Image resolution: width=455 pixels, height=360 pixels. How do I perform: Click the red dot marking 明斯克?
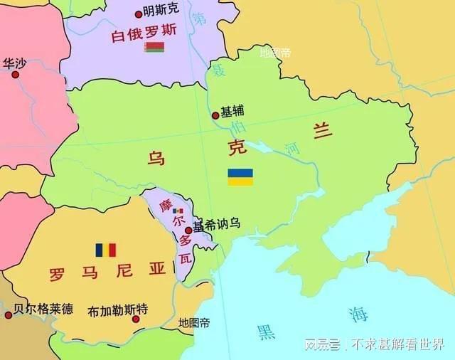coord(138,14)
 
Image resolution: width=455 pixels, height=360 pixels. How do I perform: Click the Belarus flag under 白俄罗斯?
coord(154,48)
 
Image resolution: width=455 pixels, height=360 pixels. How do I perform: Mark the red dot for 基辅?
coord(215,115)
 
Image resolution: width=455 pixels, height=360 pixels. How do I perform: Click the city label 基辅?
coord(232,112)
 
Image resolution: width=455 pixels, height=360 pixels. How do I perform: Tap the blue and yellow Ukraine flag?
coord(240,177)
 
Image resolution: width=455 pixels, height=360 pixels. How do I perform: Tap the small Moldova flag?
coord(178,211)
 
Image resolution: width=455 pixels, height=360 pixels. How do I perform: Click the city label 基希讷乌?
coord(216,224)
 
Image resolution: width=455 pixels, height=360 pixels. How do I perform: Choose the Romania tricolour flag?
coord(105,250)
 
